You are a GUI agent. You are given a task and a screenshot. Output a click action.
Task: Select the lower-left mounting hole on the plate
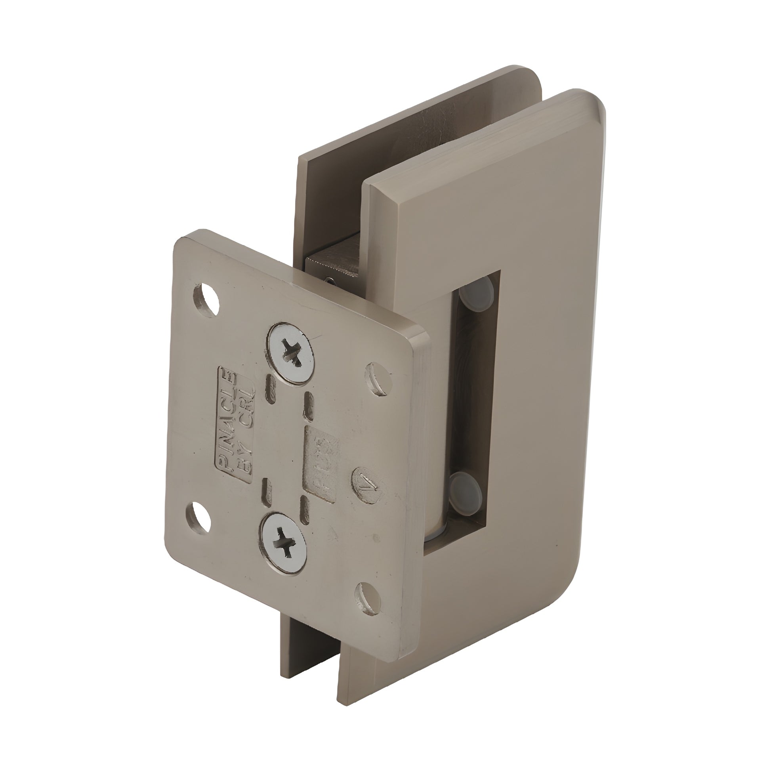tap(200, 517)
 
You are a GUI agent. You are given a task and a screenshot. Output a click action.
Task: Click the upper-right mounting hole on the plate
tap(379, 379)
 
